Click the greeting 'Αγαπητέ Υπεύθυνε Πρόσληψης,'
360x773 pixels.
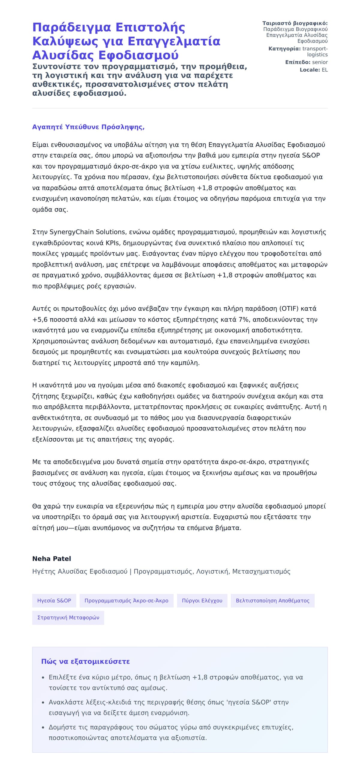pos(88,127)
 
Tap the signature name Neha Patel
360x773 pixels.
pos(52,558)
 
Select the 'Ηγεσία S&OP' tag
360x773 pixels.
pos(54,601)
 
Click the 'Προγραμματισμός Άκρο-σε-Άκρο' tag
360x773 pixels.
pos(126,601)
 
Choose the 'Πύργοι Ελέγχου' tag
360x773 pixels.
pos(202,601)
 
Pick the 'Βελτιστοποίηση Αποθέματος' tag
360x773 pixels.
pos(272,601)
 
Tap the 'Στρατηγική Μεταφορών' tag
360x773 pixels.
pos(68,618)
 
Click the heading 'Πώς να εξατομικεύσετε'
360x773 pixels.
pos(85,661)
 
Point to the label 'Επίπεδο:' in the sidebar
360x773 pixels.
pos(298,62)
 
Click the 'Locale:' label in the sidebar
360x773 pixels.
pos(310,70)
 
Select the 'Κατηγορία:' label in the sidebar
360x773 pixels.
pos(284,49)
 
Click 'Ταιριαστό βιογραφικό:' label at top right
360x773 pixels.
pos(295,23)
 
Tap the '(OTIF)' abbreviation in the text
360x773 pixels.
pos(289,309)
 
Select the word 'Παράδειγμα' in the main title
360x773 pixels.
pos(71,27)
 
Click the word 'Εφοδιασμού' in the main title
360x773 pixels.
pos(138,55)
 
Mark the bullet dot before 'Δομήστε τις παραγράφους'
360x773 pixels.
pos(43,727)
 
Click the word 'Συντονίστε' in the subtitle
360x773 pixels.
pos(56,66)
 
